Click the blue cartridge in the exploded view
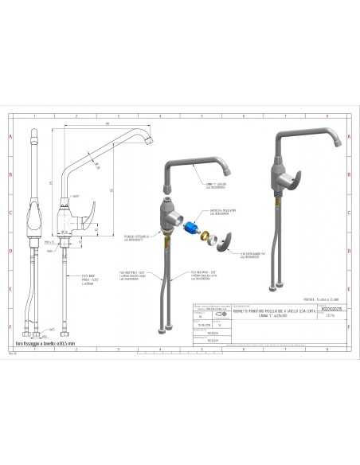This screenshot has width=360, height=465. coord(192,228)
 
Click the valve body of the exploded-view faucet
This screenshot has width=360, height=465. coord(170,215)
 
